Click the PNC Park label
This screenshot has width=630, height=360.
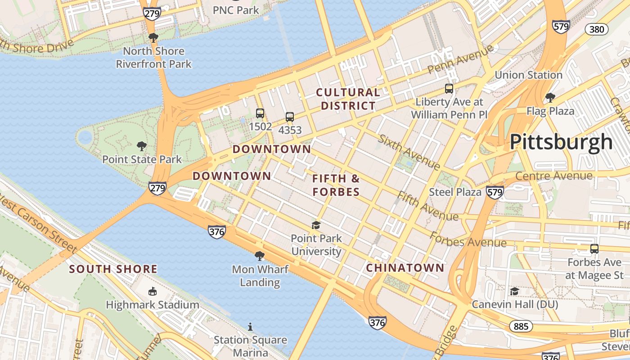[236, 10]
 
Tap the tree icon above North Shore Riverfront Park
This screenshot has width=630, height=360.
[153, 37]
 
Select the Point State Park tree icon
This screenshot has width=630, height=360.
[142, 146]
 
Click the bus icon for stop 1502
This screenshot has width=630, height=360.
[260, 113]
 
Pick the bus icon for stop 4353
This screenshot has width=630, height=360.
[290, 117]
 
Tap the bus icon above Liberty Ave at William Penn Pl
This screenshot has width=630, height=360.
[449, 89]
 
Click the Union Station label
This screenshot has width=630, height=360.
[528, 75]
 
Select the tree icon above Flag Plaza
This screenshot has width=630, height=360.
[550, 97]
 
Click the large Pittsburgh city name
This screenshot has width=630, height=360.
[561, 142]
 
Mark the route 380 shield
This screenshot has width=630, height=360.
[597, 30]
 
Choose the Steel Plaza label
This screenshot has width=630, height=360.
[455, 192]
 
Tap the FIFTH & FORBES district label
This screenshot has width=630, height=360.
[336, 185]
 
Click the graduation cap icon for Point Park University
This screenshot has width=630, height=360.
[316, 225]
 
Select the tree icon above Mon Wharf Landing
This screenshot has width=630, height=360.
[260, 256]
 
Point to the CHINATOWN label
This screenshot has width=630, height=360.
[405, 268]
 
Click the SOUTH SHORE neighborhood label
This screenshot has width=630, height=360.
[113, 269]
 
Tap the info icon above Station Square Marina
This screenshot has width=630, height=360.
[250, 327]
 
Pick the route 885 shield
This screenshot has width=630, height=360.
[521, 326]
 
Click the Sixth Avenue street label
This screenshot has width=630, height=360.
[409, 152]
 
